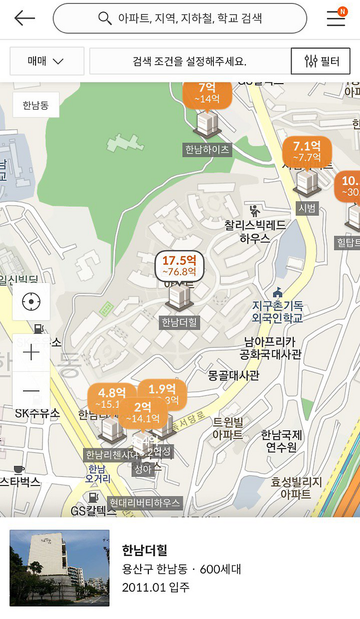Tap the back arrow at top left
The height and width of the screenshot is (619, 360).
25,19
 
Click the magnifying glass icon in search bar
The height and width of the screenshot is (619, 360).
104,19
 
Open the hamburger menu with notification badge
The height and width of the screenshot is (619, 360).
336,19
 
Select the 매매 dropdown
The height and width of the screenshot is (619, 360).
47,61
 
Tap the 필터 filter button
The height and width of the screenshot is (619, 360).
320,61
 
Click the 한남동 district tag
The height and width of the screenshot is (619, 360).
36,105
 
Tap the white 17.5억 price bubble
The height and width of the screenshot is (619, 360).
179,265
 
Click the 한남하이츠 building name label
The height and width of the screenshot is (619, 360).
207,149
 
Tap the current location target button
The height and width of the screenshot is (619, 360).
31,301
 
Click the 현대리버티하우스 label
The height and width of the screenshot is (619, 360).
144,503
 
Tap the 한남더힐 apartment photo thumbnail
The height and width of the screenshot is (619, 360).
60,568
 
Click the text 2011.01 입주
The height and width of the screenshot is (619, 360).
156,588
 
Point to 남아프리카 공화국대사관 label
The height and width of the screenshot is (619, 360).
270,348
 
